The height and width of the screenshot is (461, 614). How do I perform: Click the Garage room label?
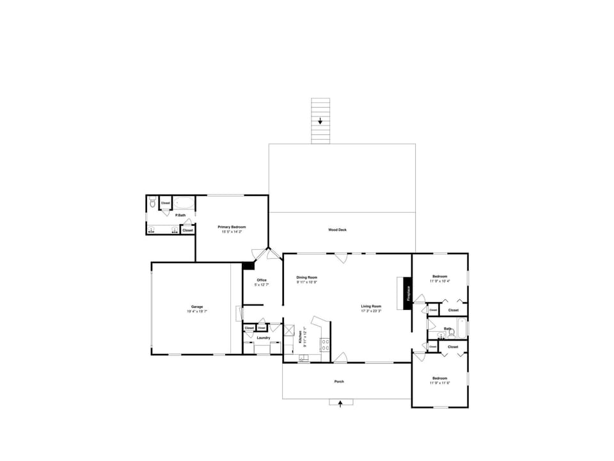coord(196,307)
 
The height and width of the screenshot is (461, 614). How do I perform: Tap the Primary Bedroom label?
coord(232,227)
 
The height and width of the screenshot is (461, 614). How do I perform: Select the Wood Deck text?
coord(337,230)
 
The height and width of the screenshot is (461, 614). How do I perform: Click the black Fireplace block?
coord(407,293)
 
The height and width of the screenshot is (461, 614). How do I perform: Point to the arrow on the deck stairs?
coord(320,120)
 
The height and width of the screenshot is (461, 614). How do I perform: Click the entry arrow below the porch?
coord(340,403)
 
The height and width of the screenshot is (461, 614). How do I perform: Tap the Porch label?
coord(339,382)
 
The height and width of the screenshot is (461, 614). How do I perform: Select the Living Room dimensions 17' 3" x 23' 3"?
coord(371,311)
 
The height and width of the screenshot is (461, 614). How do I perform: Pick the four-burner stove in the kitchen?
coord(325,346)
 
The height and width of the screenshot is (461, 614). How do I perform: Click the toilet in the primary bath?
coord(152,202)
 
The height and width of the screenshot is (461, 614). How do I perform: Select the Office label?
coord(262,280)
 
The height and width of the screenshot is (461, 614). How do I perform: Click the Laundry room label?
coord(264,338)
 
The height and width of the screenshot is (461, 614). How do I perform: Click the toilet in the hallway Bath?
coord(451,332)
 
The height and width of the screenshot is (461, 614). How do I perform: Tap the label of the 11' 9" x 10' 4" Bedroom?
coord(439,277)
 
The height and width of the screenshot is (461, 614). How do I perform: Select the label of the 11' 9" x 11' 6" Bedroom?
coord(439,378)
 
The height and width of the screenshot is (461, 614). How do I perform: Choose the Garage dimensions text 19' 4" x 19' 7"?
coord(197,311)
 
